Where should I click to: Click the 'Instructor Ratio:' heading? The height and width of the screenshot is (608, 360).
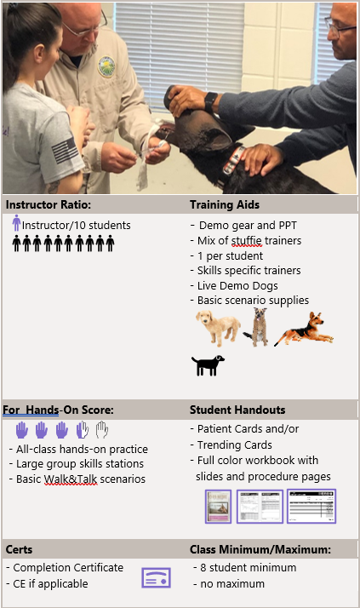[x=48, y=204]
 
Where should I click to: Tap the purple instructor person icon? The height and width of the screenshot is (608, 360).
[x=16, y=222]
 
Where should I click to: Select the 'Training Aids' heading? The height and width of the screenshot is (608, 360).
[x=225, y=204]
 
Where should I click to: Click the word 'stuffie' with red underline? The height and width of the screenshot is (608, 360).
[x=247, y=241]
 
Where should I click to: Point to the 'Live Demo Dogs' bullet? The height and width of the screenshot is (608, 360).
[x=234, y=286]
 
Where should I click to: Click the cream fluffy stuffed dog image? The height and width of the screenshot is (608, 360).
[x=218, y=328]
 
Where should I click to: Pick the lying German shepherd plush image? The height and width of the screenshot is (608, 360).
[x=304, y=329]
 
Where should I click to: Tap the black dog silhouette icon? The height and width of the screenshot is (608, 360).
[x=208, y=365]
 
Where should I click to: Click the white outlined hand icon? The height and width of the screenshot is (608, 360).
[x=102, y=430]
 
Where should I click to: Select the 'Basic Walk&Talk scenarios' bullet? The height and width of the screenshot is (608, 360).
[x=77, y=479]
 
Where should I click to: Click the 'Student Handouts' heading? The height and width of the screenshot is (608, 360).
[x=237, y=410]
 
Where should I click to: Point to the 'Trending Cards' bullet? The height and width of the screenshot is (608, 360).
[x=231, y=445]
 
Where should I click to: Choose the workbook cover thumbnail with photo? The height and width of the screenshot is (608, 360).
[x=218, y=507]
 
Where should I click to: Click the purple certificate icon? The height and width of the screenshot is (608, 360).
[x=156, y=577]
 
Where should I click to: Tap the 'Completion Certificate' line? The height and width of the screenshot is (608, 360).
[x=65, y=568]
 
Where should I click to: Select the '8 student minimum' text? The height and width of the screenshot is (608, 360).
[x=245, y=568]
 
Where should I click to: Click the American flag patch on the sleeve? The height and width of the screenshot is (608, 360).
[x=65, y=151]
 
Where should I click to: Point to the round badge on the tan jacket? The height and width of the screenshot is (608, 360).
[x=106, y=66]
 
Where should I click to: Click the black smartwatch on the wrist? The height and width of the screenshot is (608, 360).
[x=210, y=102]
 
